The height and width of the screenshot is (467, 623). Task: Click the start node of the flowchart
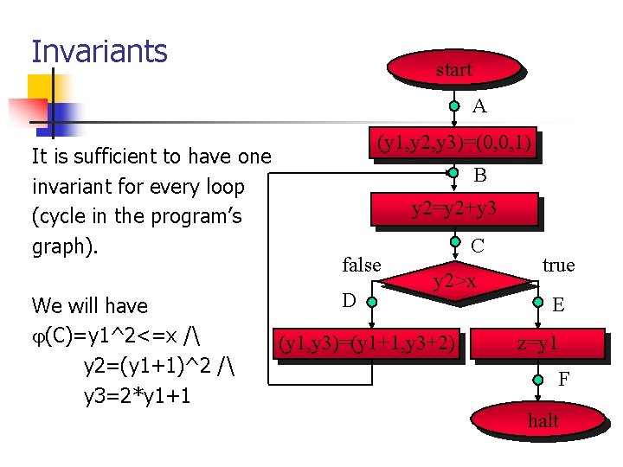coord(454,70)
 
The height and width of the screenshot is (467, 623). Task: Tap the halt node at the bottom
coord(543,421)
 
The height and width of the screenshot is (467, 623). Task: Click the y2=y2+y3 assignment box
coord(454,208)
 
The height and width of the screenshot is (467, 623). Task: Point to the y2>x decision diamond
coord(454,280)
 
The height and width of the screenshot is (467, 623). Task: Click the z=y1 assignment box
coord(537,344)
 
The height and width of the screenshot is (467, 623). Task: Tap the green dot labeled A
coord(454,107)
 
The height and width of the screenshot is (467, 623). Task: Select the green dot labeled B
coord(454,173)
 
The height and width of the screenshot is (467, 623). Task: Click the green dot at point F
coord(539,377)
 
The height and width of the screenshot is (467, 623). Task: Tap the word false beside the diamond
coord(362,265)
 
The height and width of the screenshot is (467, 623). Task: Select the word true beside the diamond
coord(558,265)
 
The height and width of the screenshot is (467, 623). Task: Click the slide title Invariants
coord(100,51)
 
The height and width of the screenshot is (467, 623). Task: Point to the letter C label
coord(478,246)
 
